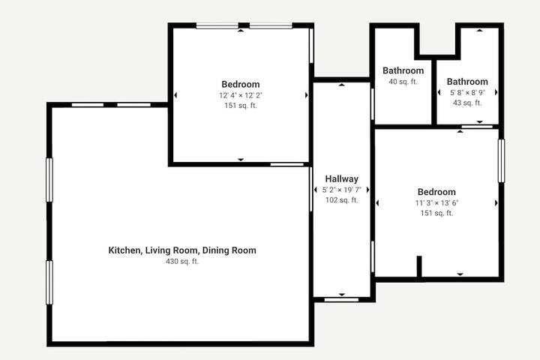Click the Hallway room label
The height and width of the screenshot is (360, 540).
click(x=342, y=178)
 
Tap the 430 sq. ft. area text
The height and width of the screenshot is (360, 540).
click(x=182, y=262)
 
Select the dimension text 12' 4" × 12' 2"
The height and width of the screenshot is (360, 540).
click(x=241, y=95)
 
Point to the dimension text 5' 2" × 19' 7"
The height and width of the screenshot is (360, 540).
click(x=342, y=190)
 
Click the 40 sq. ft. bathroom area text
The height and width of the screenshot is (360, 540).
click(x=403, y=82)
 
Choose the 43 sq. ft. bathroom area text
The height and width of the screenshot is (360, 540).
click(x=467, y=103)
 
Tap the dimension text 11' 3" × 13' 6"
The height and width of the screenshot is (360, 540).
click(x=436, y=203)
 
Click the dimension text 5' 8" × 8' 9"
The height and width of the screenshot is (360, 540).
click(x=467, y=93)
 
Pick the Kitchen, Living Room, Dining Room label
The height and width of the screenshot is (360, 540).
click(x=182, y=250)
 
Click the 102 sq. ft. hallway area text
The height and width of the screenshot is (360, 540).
click(x=342, y=199)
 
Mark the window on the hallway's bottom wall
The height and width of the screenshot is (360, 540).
click(x=341, y=300)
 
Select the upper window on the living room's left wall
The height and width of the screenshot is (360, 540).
click(x=49, y=180)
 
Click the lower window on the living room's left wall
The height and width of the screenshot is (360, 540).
click(x=49, y=283)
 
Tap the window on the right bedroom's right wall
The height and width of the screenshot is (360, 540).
click(x=502, y=160)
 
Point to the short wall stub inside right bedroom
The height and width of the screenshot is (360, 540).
click(x=419, y=266)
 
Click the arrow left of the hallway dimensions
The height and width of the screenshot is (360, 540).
click(x=316, y=190)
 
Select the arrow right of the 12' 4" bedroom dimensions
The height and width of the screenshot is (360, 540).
click(x=306, y=95)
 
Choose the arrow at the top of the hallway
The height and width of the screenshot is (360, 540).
click(x=342, y=85)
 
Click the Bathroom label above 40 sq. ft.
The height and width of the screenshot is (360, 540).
click(x=403, y=70)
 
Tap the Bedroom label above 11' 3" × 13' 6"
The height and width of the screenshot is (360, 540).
click(x=436, y=192)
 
